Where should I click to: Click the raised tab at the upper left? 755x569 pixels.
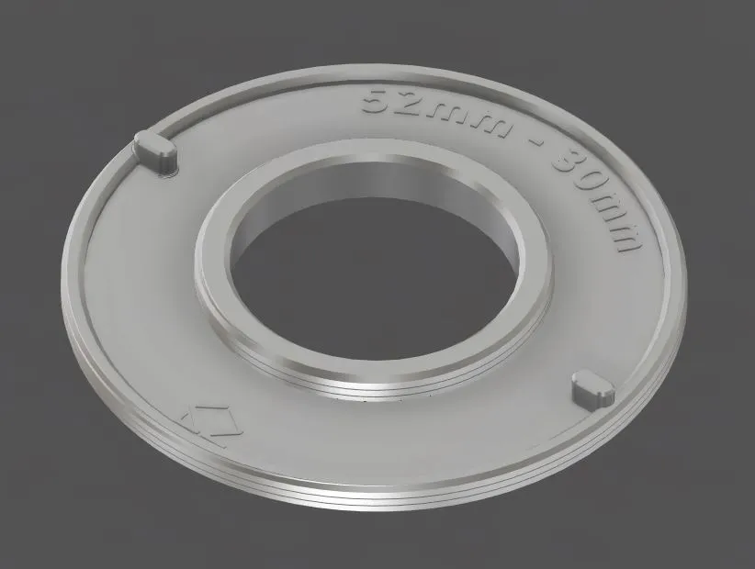(156, 149)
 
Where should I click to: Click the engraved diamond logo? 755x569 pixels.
(207, 425)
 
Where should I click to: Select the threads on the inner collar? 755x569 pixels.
(367, 389)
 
